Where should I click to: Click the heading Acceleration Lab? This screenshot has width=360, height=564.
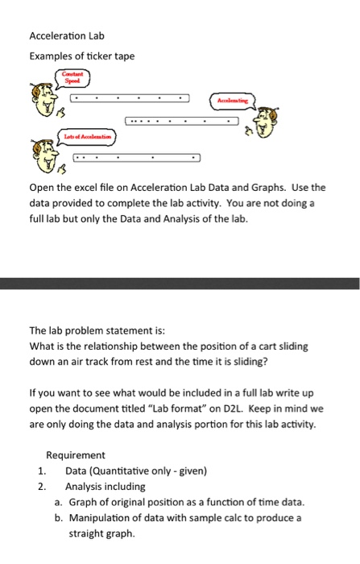[x=67, y=36]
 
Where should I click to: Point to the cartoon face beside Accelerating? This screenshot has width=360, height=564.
[x=275, y=120]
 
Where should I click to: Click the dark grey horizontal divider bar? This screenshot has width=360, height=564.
[x=180, y=283]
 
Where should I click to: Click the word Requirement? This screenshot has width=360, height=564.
[x=76, y=455]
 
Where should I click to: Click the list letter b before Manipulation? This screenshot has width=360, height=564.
[x=59, y=518]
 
